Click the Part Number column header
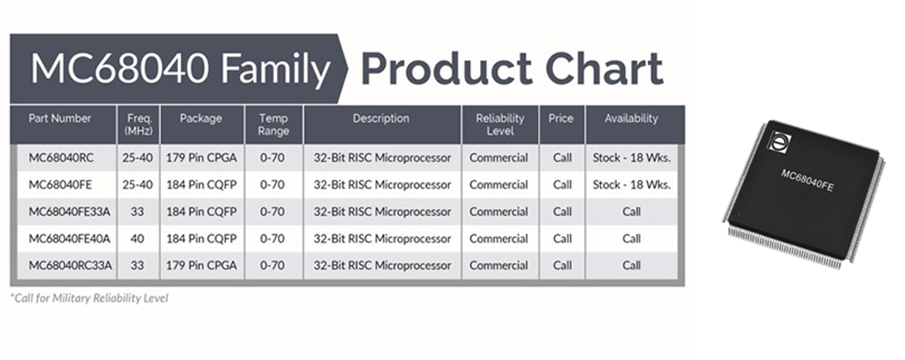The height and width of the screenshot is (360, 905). click(60, 119)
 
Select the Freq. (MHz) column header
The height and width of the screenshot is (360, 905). click(139, 125)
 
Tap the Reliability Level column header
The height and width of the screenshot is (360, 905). click(500, 125)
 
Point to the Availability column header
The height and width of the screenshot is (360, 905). click(631, 119)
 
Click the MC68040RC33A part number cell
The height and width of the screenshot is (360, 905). click(70, 266)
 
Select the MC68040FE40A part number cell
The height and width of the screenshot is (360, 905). click(69, 239)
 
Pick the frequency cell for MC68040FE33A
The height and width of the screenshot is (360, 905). click(137, 212)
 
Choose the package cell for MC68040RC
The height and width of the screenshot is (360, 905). click(201, 158)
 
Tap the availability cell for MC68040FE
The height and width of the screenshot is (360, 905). click(631, 185)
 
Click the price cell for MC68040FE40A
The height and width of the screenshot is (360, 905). click(562, 239)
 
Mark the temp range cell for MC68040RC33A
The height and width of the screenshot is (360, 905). click(273, 266)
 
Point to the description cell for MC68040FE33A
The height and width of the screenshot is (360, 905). click(382, 212)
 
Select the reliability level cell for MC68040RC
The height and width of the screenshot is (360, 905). click(499, 158)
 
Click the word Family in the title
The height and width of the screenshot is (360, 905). click(276, 68)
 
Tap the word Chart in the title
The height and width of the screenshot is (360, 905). click(604, 68)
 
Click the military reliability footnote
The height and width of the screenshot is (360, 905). click(89, 298)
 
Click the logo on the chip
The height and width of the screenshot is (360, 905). click(781, 143)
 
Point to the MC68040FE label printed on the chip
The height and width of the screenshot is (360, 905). click(807, 180)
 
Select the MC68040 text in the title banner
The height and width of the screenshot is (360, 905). click(120, 68)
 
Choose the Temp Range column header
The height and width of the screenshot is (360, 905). click(274, 125)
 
